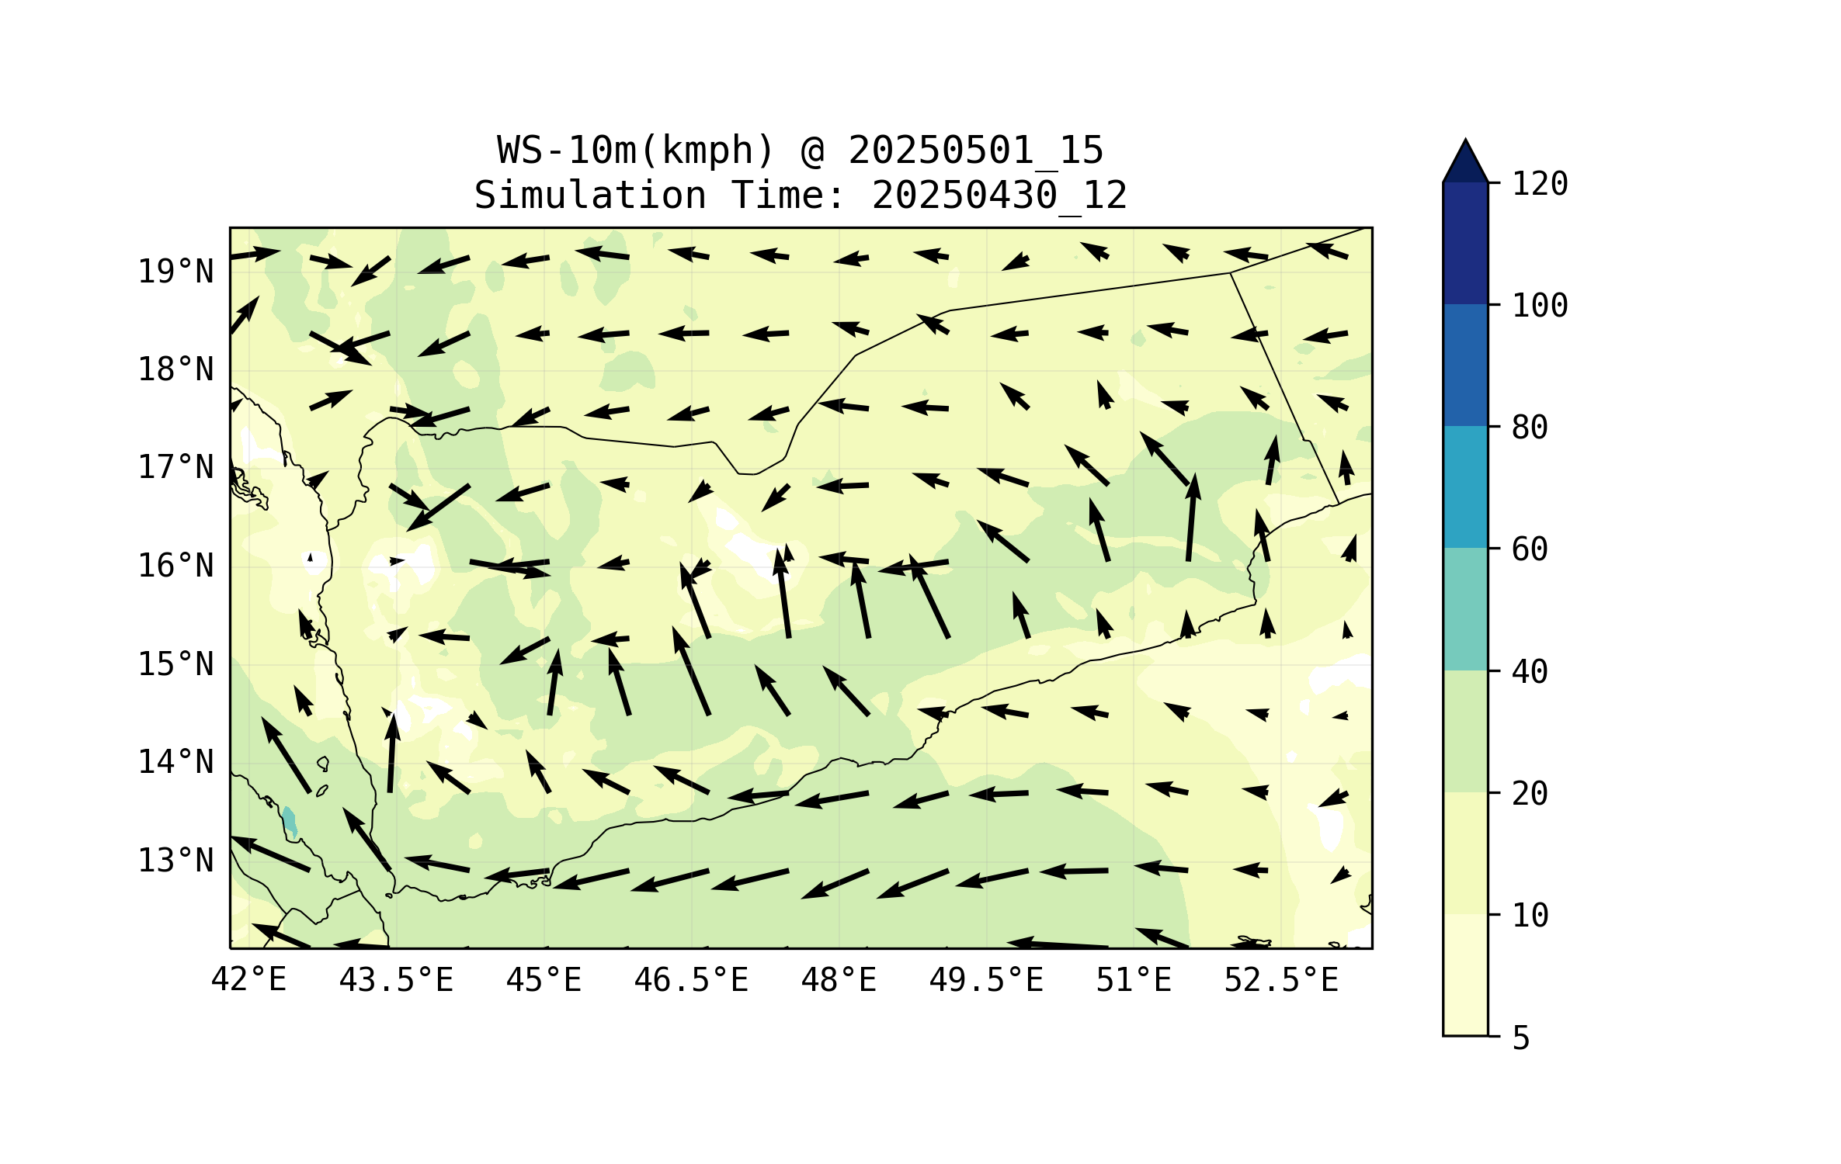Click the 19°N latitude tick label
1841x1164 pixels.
pos(175,272)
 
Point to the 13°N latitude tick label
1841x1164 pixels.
pos(175,861)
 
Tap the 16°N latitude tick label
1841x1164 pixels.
pos(175,566)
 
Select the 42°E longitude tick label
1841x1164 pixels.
pos(248,980)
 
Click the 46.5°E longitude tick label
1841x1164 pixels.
pos(691,980)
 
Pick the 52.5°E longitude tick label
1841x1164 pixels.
pos(1281,980)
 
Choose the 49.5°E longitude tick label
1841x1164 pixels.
pos(986,980)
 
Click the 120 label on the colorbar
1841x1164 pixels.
pos(1540,184)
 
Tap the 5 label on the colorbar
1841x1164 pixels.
pos(1521,1038)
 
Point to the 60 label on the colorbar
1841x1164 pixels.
pos(1530,549)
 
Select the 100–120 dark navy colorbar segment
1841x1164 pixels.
pos(1465,243)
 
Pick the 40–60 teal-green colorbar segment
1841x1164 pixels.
pos(1465,609)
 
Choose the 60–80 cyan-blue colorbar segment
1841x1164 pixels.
pos(1465,487)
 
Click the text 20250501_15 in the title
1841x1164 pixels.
pos(975,151)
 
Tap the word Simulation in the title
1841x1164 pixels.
pos(590,195)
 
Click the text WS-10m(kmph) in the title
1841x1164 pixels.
pos(636,151)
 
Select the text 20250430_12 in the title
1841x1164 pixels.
pos(999,196)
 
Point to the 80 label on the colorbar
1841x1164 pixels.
pos(1530,428)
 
